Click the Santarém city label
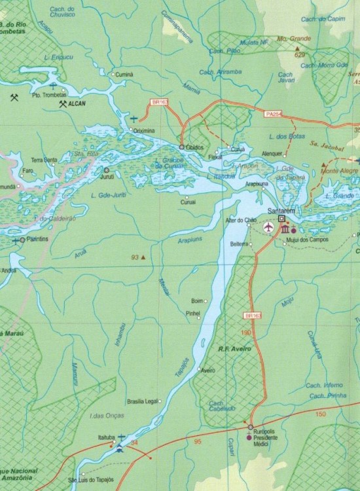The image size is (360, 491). [282, 212]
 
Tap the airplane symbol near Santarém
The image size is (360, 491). [268, 227]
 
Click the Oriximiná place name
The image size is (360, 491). [143, 131]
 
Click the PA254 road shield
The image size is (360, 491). [274, 114]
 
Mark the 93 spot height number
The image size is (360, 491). [135, 258]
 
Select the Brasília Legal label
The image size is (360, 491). [143, 401]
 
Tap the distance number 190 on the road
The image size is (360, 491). [245, 333]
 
